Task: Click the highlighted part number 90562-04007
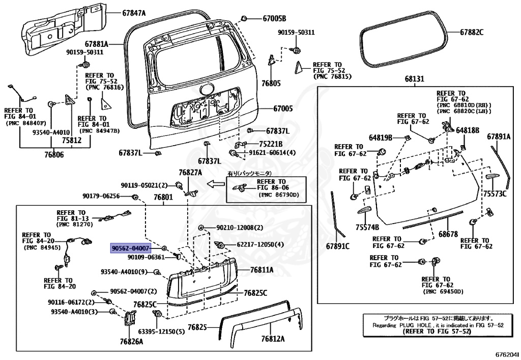click(131, 248)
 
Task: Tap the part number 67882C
click(472, 32)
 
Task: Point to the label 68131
click(414, 79)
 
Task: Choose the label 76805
click(271, 82)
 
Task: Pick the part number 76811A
click(262, 269)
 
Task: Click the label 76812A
click(273, 339)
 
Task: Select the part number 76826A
click(131, 341)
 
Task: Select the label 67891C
click(338, 246)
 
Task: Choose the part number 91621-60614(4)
click(272, 153)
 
